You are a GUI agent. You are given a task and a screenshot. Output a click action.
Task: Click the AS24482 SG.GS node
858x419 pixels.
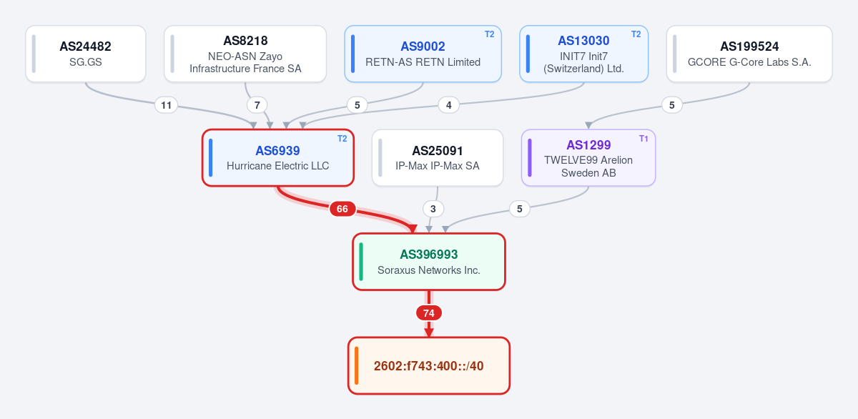86,54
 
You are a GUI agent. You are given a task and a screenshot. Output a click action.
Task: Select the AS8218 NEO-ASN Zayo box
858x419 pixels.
245,54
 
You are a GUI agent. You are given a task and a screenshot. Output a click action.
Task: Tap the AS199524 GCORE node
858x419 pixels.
749,54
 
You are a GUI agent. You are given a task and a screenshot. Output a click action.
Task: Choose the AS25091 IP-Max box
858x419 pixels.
438,158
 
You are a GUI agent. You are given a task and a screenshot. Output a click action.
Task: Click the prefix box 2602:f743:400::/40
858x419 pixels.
429,366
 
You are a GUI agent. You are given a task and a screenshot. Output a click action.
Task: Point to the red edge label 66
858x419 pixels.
342,209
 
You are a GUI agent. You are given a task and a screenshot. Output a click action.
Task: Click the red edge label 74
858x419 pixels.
429,313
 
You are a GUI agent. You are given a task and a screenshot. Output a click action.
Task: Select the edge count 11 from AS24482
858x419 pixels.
166,105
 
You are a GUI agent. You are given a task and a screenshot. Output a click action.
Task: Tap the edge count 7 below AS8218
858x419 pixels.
257,105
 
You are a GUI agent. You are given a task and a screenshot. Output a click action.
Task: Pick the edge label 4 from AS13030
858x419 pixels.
448,105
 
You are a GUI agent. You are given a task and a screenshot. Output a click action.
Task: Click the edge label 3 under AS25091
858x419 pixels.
433,209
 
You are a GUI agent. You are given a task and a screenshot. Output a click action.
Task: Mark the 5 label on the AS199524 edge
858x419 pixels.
672,105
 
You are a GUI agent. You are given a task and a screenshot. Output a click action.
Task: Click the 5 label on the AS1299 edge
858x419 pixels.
519,209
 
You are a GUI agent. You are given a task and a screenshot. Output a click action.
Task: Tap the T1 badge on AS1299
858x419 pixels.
643,139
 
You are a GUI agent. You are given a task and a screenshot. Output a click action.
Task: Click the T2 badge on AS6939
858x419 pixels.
342,139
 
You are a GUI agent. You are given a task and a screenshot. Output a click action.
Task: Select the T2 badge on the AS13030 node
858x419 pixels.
636,34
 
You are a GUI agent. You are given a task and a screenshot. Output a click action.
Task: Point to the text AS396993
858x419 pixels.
428,255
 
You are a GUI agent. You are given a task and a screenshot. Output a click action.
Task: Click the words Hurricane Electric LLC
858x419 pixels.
277,166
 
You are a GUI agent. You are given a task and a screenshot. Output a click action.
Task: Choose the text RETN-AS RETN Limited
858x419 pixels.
423,62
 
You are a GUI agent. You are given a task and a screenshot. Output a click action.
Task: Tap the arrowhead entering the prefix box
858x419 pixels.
429,332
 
